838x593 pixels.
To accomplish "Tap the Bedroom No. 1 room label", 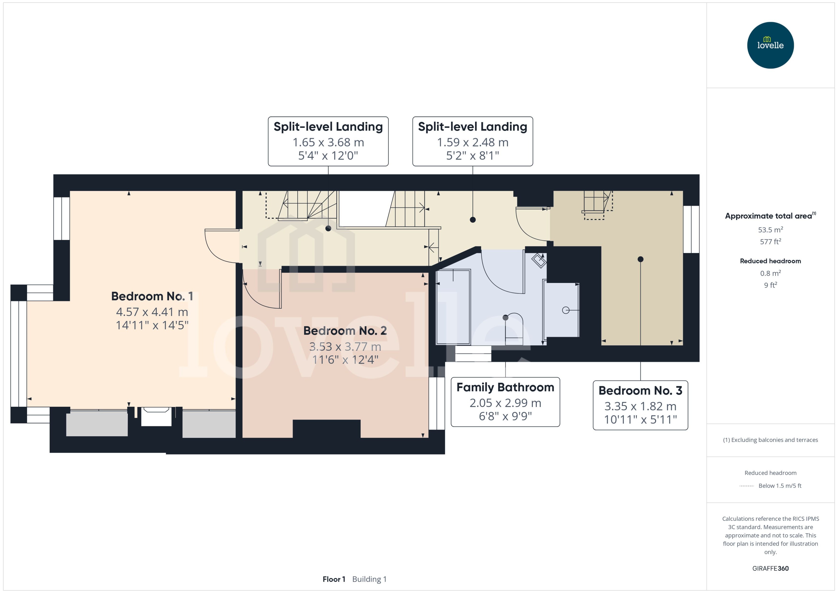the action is pos(152,296).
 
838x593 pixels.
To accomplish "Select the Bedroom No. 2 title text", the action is pos(345,330).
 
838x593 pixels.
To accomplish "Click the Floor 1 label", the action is pos(334,579).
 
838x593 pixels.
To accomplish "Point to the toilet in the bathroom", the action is pos(514,329).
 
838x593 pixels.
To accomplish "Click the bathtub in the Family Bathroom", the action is pos(453,307).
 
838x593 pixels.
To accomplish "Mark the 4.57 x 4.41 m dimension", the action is pos(152,312).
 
